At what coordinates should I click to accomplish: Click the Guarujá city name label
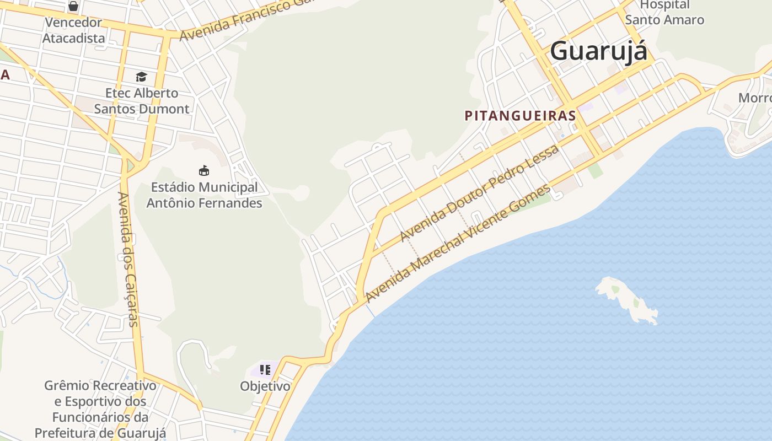[x=599, y=51]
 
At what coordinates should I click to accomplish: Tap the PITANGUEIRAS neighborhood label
[x=520, y=116]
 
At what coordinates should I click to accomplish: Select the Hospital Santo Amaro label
[x=664, y=13]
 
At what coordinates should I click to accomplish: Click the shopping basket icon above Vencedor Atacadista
[x=73, y=7]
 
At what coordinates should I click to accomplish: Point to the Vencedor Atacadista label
[x=73, y=30]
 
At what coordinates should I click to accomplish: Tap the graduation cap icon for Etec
[x=142, y=77]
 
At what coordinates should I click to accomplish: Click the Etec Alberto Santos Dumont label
[x=142, y=101]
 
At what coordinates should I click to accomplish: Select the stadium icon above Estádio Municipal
[x=204, y=170]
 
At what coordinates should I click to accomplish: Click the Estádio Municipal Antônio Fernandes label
[x=204, y=195]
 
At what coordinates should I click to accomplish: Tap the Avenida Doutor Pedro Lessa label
[x=479, y=192]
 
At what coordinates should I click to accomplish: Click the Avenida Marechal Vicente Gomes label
[x=458, y=243]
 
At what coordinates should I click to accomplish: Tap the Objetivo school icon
[x=265, y=369]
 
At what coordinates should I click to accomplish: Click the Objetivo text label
[x=265, y=386]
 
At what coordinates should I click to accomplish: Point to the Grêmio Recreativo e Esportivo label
[x=100, y=409]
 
